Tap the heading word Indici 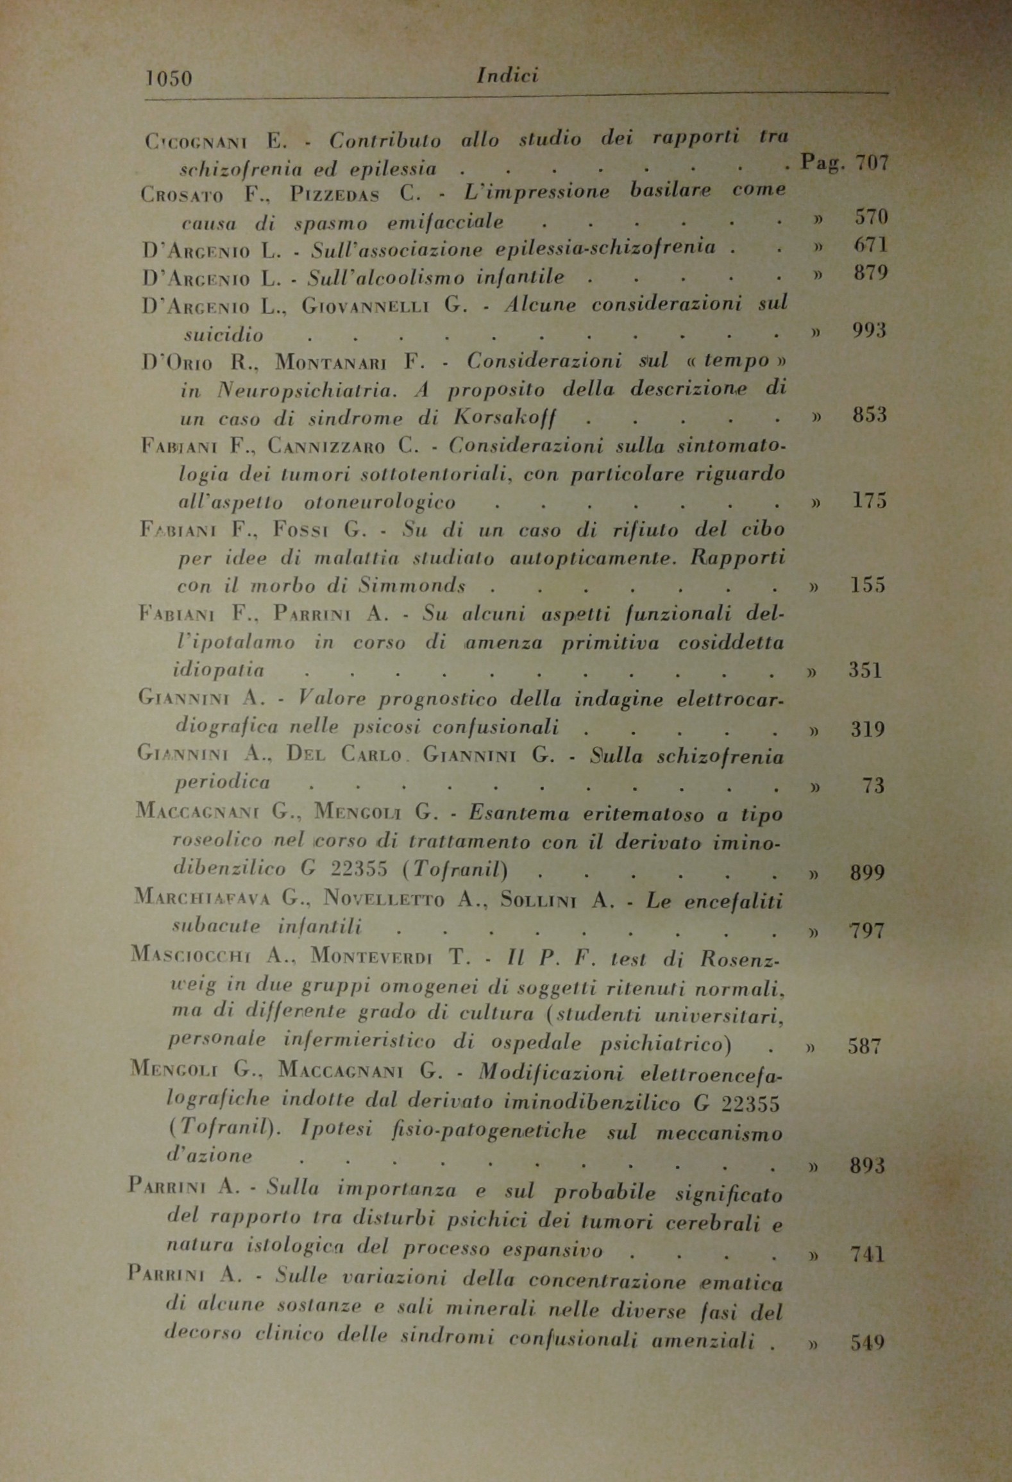pos(507,76)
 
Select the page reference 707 pos(872,163)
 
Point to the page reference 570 pos(871,217)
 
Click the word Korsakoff pos(504,418)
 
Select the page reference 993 pos(869,331)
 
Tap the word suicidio pos(223,335)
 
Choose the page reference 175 pos(869,501)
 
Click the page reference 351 pos(866,671)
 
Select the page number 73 pos(873,786)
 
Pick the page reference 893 pos(867,1165)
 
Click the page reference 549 pos(867,1342)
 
